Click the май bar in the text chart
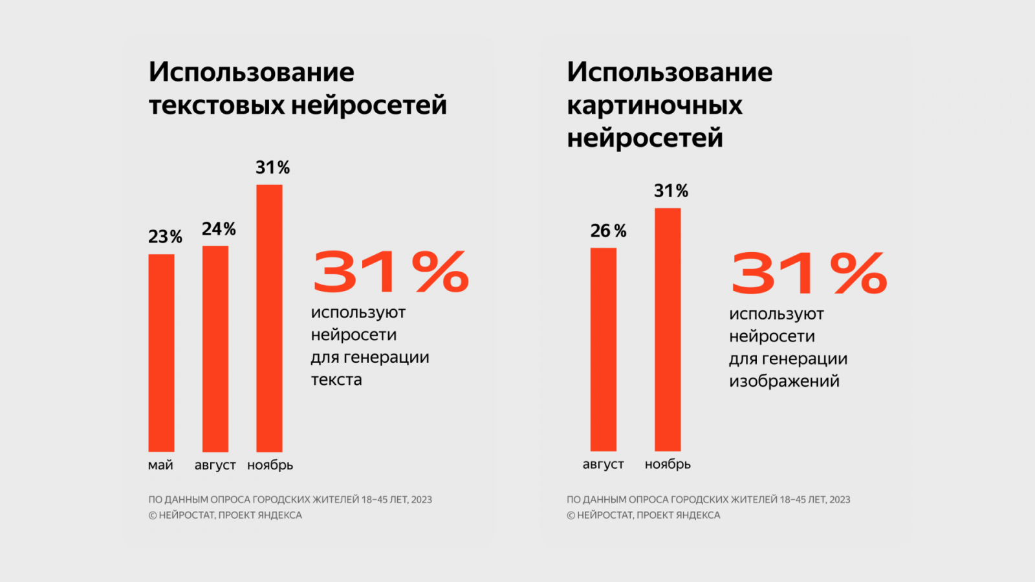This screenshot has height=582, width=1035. pos(161,352)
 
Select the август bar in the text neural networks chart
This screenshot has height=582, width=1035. pos(215,349)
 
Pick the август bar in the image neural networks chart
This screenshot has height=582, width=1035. pos(603,349)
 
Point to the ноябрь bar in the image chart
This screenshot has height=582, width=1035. pos(668,329)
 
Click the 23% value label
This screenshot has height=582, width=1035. pos(165,237)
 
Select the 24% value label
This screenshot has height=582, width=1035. pos(219,229)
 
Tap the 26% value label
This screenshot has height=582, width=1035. pos(608,231)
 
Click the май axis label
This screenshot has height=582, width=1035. pos(160,465)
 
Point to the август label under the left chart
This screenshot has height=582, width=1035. pos(215,465)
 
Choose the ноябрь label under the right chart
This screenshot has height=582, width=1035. pos(668,464)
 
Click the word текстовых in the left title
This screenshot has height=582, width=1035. pos(216,105)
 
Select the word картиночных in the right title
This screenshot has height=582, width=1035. pos(655,105)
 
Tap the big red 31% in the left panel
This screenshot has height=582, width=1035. pos(391,272)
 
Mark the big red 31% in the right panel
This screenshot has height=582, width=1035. pos(809,273)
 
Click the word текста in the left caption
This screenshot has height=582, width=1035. pos(336,380)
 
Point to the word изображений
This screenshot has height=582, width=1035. pos(784,381)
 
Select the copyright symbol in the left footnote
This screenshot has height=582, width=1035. pos(153,515)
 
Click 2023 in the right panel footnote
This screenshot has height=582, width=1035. pos(840,499)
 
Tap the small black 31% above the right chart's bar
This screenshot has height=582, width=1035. pos(671,191)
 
